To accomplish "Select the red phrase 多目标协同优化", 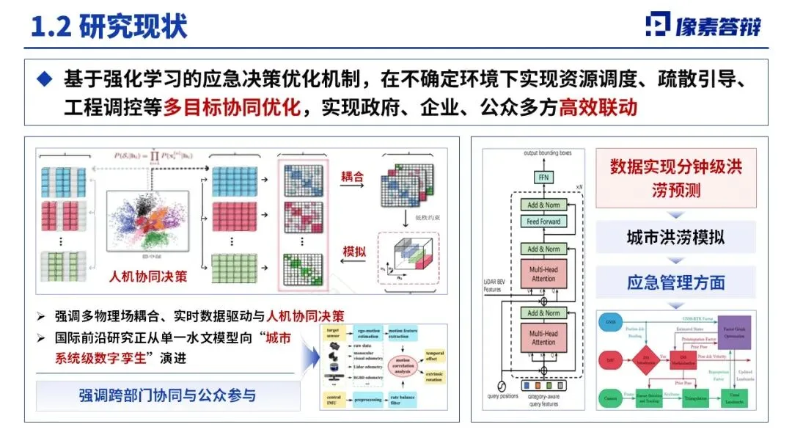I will tap(232, 108).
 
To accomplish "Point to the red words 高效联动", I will tap(598, 108).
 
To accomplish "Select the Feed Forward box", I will tap(543, 222).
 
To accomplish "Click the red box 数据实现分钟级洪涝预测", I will tap(675, 178).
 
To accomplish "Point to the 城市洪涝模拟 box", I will tap(675, 238).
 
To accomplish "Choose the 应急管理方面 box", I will tap(675, 282).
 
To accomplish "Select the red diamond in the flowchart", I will tap(642, 361).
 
